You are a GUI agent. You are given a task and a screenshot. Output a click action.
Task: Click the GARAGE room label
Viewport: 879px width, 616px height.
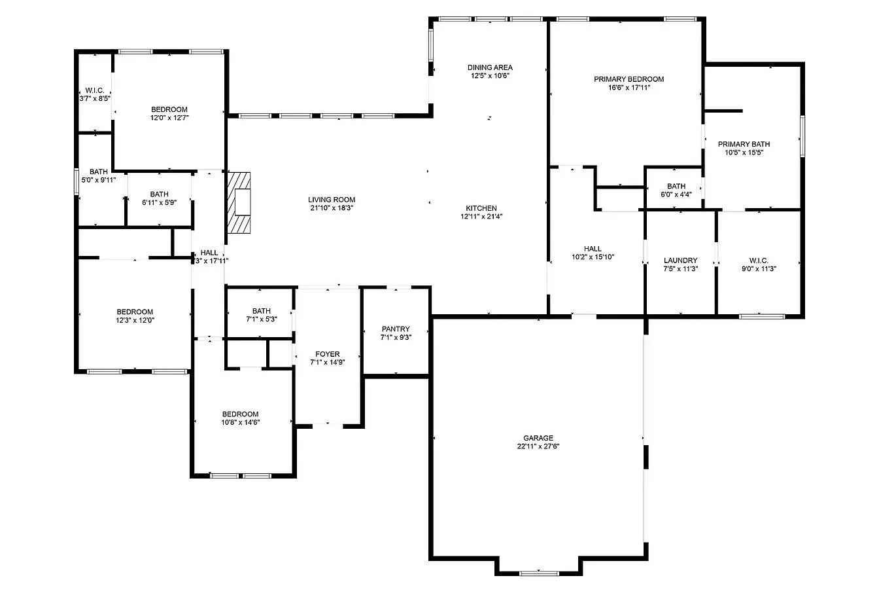(x=538, y=438)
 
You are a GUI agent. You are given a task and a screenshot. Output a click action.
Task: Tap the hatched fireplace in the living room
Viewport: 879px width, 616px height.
(x=239, y=203)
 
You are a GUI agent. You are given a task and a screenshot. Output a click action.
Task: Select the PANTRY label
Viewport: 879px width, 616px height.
(x=396, y=329)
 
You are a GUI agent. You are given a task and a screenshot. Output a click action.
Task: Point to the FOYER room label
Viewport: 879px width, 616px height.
(x=327, y=354)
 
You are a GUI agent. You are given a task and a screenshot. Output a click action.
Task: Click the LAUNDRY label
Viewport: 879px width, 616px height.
(x=680, y=261)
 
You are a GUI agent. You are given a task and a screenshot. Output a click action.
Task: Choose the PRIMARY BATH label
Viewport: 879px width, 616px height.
(x=744, y=144)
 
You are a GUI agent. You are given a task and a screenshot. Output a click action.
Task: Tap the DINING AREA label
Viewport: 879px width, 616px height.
(x=490, y=67)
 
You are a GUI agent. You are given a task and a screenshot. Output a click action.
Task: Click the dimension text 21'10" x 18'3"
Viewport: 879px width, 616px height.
(x=332, y=208)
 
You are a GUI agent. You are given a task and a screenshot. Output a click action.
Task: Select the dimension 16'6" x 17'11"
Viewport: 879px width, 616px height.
(x=629, y=88)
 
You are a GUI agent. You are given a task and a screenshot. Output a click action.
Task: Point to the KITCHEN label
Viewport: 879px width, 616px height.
(x=481, y=208)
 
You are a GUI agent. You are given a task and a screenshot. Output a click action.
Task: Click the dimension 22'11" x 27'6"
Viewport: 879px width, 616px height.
(x=538, y=446)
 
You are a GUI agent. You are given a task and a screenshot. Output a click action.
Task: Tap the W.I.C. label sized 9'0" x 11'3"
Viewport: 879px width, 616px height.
(x=759, y=261)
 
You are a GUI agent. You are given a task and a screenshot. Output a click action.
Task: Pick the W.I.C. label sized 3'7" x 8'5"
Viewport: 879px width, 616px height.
(x=95, y=90)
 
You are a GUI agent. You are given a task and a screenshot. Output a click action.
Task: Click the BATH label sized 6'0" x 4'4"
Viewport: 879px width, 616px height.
(x=676, y=186)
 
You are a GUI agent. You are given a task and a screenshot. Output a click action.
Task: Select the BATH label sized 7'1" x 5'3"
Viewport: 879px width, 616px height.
(x=262, y=311)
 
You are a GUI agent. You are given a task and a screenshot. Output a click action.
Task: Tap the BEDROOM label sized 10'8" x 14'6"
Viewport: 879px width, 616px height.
(x=240, y=414)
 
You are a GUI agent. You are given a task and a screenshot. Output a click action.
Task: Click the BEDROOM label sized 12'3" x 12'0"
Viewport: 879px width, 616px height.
(x=135, y=312)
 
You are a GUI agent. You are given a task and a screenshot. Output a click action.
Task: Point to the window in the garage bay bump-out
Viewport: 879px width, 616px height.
(x=539, y=573)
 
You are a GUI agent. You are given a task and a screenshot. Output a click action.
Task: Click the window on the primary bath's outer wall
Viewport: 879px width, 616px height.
(x=802, y=136)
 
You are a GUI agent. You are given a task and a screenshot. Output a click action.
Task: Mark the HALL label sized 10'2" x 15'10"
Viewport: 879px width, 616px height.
(x=593, y=249)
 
